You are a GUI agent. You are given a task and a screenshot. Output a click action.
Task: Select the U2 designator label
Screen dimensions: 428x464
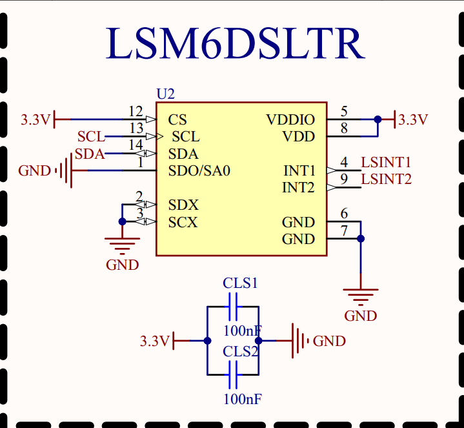[165, 94]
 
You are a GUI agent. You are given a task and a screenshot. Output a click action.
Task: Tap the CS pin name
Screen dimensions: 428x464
[177, 120]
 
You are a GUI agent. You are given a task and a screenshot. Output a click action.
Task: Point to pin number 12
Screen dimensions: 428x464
[136, 112]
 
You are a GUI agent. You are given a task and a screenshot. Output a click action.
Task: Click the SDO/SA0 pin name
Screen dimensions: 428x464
[199, 171]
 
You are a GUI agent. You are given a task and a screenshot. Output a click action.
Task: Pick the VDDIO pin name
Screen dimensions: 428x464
[290, 120]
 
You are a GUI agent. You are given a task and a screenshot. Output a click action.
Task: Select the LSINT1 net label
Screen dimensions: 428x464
[386, 162]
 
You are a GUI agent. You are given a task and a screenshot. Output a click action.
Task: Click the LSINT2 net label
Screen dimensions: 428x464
[386, 179]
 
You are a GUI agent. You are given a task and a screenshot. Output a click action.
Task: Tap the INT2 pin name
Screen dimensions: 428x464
[298, 188]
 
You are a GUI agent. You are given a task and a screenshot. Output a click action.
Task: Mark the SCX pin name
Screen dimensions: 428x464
[183, 223]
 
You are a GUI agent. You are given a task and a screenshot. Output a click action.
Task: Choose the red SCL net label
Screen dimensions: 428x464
[90, 137]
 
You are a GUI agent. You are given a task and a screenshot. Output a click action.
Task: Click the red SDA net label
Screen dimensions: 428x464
[90, 154]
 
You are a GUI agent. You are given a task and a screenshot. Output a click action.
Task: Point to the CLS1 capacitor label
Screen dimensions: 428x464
[241, 283]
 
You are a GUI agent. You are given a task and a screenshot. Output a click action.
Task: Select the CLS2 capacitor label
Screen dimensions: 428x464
[241, 352]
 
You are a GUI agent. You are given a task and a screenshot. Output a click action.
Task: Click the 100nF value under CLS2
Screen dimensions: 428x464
[243, 399]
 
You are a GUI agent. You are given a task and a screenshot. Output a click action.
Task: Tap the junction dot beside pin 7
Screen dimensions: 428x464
[361, 239]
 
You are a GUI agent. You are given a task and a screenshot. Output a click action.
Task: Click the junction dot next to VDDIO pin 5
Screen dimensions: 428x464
[378, 119]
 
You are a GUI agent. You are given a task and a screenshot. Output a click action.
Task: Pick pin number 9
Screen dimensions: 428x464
[345, 179]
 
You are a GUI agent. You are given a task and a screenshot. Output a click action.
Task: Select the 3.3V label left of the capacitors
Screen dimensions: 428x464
[155, 341]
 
